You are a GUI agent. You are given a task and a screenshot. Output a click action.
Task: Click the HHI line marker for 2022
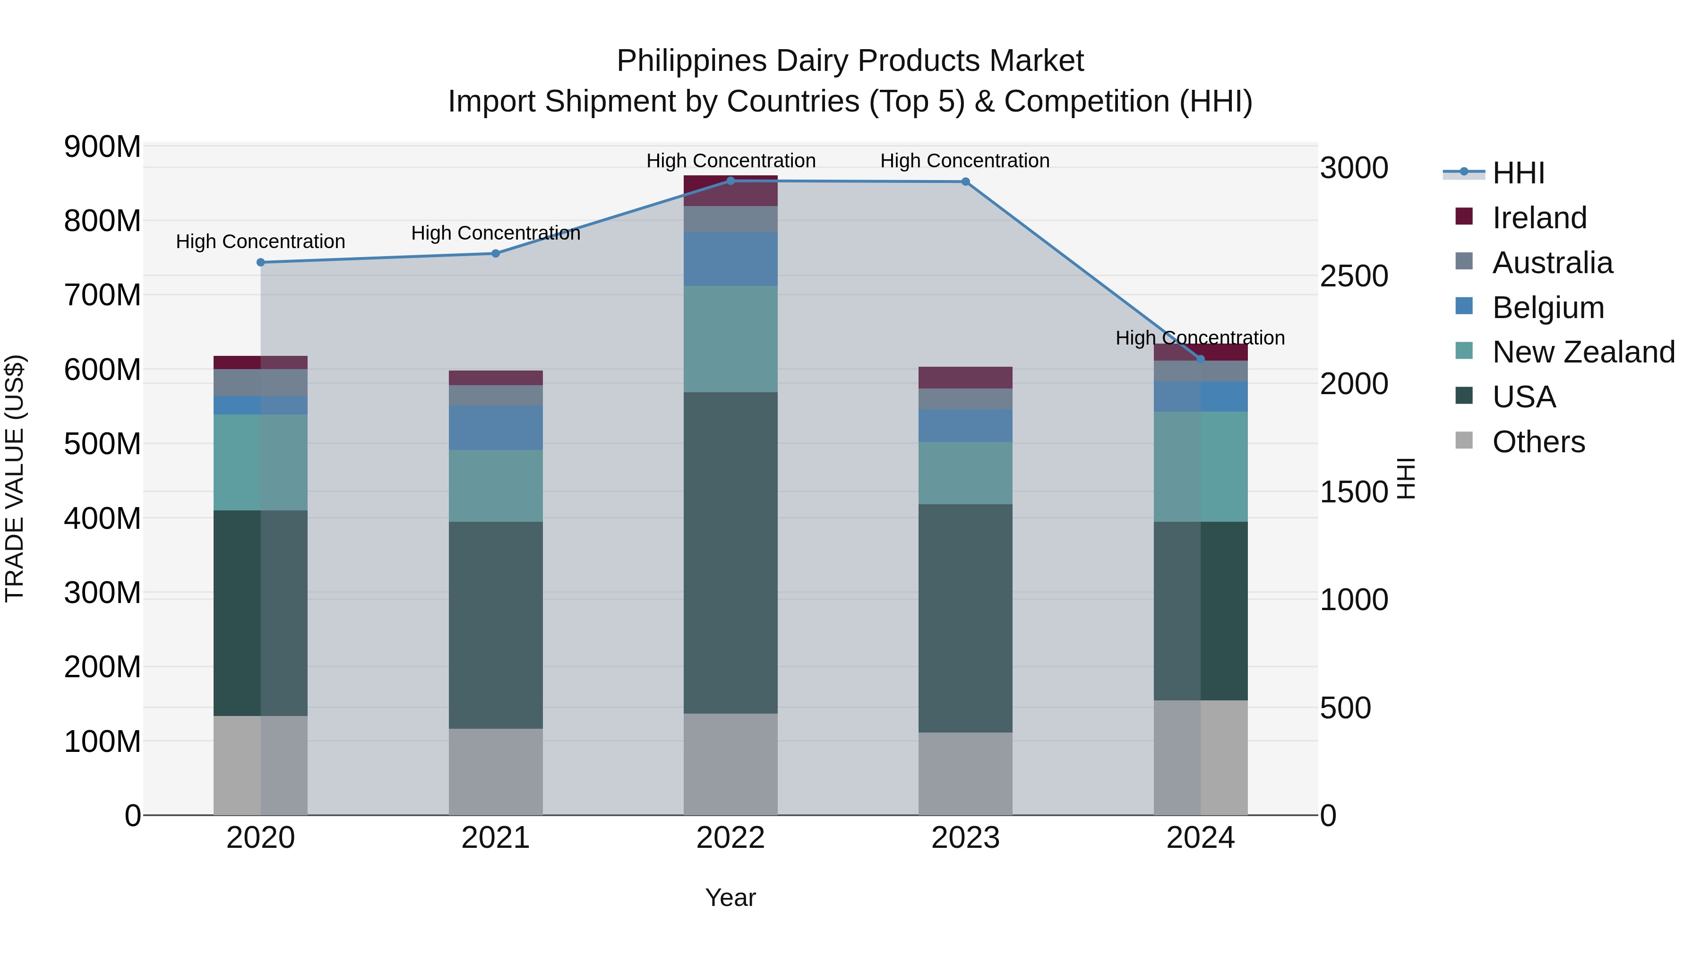click(x=730, y=181)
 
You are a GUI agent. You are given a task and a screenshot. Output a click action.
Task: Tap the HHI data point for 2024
click(x=1201, y=359)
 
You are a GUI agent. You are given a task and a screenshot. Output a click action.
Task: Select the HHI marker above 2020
click(x=260, y=262)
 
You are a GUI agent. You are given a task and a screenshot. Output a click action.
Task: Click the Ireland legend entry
click(x=1538, y=218)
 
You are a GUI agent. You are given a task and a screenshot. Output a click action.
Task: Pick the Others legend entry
click(x=1538, y=442)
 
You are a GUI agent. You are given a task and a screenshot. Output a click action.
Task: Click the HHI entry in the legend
click(x=1518, y=173)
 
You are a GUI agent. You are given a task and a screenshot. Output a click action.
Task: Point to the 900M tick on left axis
click(x=103, y=147)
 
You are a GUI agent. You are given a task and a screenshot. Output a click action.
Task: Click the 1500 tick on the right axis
click(x=1354, y=492)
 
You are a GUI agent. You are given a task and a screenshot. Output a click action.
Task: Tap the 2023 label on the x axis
click(x=965, y=838)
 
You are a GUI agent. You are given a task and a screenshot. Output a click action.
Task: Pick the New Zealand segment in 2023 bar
click(x=965, y=473)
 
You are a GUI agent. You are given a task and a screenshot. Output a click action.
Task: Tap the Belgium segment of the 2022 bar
click(x=730, y=259)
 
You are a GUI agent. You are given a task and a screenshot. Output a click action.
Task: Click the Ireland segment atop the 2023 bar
click(x=965, y=377)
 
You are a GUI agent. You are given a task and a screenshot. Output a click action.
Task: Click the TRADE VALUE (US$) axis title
click(x=15, y=478)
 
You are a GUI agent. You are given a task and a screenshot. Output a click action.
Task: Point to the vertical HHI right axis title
click(x=1407, y=478)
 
